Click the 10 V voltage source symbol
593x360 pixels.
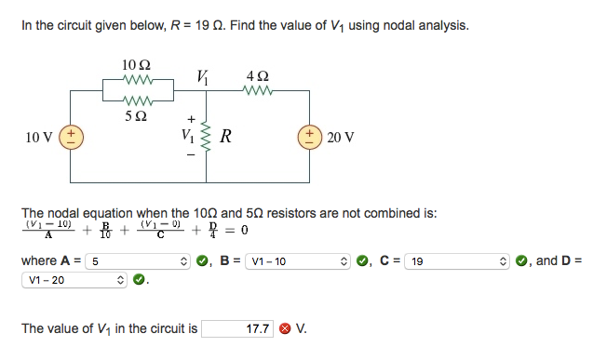70,138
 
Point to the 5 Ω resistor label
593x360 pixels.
136,116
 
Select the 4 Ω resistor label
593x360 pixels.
257,74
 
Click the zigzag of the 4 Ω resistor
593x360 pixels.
257,90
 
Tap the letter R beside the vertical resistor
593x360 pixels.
225,140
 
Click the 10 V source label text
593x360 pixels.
39,138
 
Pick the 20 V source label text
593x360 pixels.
342,138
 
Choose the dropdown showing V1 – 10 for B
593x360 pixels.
303,261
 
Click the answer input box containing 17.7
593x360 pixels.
238,328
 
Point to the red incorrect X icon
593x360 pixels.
285,328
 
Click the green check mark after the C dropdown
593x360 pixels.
520,261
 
